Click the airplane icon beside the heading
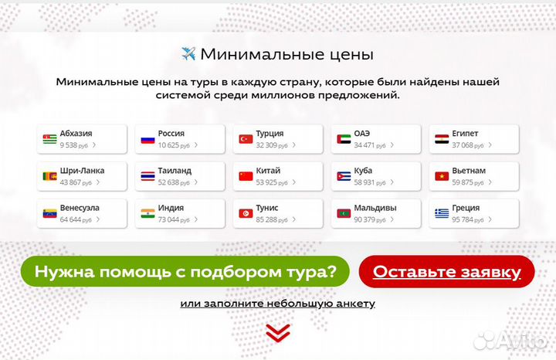point(188,53)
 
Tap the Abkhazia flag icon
point(50,139)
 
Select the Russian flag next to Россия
point(147,139)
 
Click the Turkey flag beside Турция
point(246,139)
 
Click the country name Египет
point(468,133)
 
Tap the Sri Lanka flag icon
point(50,176)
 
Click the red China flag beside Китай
point(246,176)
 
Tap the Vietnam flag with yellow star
point(442,176)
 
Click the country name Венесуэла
point(80,208)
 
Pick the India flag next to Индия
point(147,213)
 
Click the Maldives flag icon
point(344,213)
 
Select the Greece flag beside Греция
point(442,213)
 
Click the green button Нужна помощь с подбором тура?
point(185,271)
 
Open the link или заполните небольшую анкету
point(278,304)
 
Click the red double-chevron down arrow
point(278,332)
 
